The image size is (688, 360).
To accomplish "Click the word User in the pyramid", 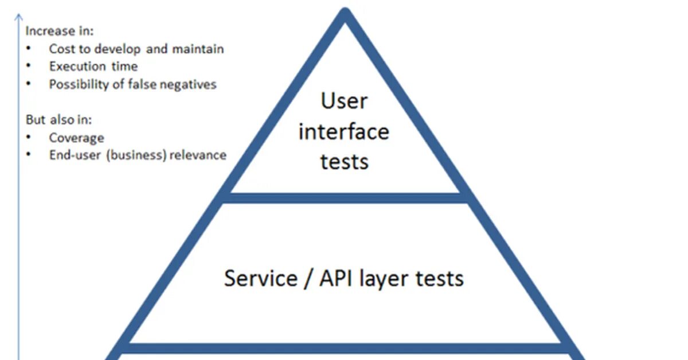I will (344, 101).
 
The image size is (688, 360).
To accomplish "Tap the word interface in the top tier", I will (344, 132).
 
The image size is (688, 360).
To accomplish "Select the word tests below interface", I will (344, 162).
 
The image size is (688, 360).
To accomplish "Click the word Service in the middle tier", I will (260, 279).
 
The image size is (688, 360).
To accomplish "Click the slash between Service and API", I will (307, 279).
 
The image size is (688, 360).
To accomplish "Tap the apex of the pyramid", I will (345, 13).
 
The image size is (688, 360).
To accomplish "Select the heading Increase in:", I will (59, 32).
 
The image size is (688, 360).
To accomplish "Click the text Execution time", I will (93, 66).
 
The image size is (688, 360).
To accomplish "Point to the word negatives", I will (189, 85).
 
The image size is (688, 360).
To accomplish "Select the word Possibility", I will (78, 85).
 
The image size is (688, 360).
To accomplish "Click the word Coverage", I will (76, 138).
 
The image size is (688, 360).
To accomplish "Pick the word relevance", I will (198, 155).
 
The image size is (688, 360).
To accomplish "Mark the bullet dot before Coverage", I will (29, 138).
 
